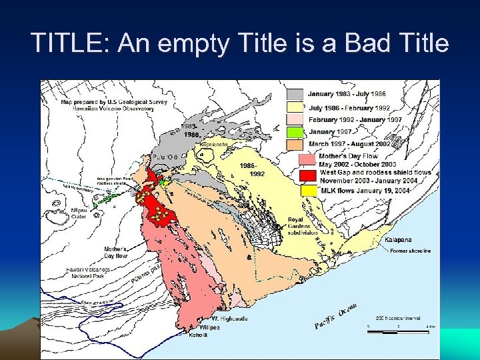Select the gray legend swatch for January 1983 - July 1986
(x=296, y=95)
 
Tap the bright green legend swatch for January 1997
(x=296, y=132)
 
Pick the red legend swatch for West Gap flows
(x=307, y=175)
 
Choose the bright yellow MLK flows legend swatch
(x=307, y=191)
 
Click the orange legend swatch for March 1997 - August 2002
(x=296, y=144)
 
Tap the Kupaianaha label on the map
(x=215, y=143)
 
